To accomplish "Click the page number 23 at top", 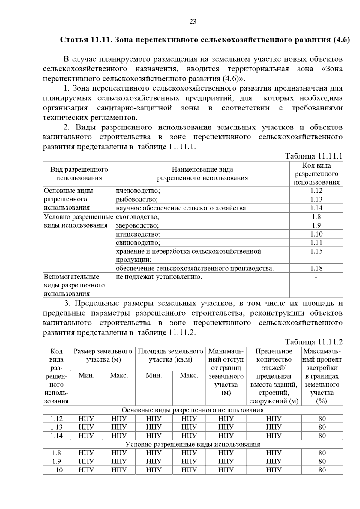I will (193, 22).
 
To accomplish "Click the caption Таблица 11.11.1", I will (313, 156).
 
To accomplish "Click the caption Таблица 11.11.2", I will (313, 342).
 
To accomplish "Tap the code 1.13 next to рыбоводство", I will (316, 199).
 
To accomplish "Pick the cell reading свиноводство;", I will (138, 243).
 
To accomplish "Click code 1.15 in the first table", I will (316, 251).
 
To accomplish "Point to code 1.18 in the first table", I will (316, 268).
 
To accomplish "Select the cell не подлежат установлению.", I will (159, 277).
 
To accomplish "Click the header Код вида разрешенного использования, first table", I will (316, 174).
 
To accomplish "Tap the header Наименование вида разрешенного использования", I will (202, 174).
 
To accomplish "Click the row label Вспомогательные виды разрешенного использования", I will (74, 285).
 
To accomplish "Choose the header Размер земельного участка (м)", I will (103, 355).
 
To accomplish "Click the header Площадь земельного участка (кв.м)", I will (170, 355).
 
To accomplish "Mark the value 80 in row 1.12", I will (322, 419).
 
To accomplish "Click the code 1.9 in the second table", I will (56, 461).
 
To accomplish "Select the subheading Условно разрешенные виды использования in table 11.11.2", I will (193, 444).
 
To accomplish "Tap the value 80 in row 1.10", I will (322, 470).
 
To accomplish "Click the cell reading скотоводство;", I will (137, 217).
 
